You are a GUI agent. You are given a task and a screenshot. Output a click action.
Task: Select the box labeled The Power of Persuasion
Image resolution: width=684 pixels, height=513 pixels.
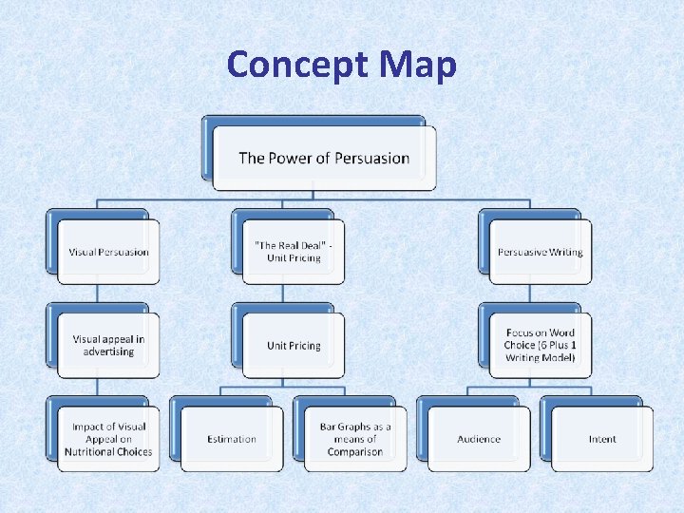(324, 158)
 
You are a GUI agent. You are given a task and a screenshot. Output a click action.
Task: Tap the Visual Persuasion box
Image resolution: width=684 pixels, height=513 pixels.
(108, 252)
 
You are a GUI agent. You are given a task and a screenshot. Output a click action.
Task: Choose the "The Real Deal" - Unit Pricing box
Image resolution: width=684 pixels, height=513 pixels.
(294, 252)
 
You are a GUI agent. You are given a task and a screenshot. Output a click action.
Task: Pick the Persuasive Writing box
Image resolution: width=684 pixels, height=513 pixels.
(540, 252)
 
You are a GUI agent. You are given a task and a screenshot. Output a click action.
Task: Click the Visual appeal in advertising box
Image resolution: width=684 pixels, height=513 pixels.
(108, 345)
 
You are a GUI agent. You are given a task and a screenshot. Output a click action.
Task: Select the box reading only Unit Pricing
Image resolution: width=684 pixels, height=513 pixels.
(294, 346)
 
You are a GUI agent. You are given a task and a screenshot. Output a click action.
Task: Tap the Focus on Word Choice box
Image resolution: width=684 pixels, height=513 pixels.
(540, 345)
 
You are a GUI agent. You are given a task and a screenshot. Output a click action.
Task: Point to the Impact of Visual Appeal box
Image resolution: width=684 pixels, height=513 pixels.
(108, 439)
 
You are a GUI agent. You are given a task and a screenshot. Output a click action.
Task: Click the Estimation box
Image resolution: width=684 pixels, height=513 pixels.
(232, 439)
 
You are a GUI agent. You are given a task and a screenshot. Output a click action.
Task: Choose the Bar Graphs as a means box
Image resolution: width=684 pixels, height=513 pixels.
(355, 439)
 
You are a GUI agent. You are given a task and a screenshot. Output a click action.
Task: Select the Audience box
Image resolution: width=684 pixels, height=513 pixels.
(479, 439)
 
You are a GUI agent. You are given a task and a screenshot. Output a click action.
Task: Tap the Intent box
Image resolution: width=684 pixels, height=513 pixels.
(602, 439)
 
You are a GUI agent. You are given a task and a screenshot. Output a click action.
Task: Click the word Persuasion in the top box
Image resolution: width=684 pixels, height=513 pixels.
(366, 158)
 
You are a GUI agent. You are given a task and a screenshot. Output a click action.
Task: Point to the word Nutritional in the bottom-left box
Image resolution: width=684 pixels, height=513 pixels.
(91, 451)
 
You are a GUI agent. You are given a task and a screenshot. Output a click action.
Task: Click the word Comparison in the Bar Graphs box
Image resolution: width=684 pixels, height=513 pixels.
(355, 451)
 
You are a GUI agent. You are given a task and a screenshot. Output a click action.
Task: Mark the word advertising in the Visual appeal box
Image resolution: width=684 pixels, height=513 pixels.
(108, 351)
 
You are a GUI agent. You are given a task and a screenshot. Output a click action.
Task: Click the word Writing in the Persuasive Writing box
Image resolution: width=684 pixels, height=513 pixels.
(564, 252)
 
